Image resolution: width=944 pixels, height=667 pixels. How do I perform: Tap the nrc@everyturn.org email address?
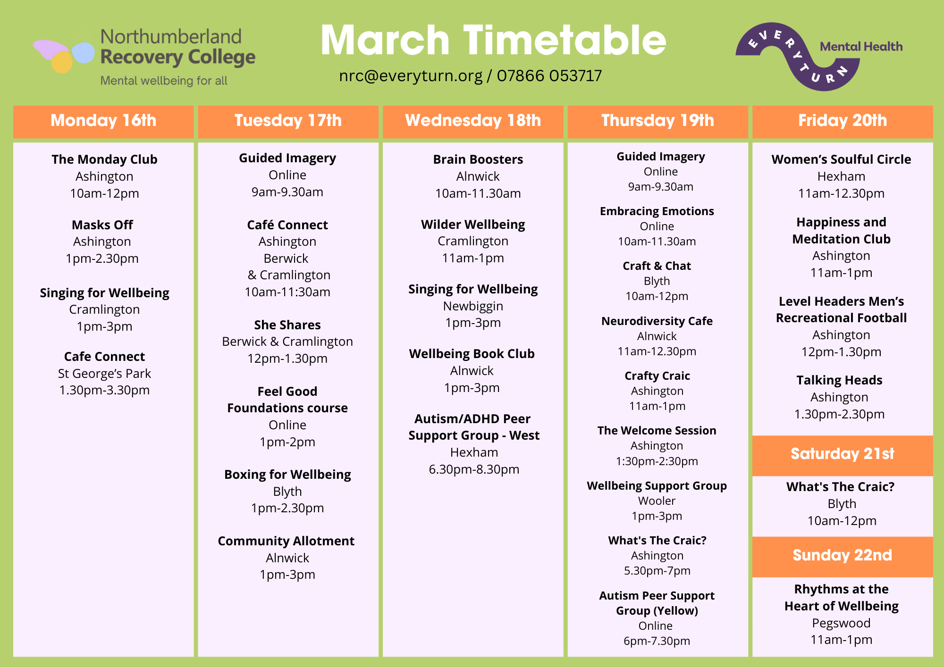tap(411, 76)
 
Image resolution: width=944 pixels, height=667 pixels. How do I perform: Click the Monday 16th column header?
tap(103, 121)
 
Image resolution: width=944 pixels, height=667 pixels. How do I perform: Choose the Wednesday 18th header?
tap(473, 121)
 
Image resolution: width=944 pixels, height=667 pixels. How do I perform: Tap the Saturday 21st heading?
tap(843, 454)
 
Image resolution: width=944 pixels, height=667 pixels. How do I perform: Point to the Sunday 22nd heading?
tap(843, 556)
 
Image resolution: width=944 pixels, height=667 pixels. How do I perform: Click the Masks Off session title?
tap(102, 225)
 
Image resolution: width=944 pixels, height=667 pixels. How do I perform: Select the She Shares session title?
tap(287, 325)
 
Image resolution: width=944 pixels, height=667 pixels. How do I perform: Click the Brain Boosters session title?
tap(478, 159)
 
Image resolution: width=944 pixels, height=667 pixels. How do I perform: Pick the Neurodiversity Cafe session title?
tap(657, 321)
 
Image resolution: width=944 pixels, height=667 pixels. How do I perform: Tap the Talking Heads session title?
tap(839, 380)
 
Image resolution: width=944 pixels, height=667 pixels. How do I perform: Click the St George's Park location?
tap(104, 374)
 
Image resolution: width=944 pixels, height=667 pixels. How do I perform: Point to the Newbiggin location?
tap(473, 307)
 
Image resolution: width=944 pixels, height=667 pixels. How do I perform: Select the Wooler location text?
tap(657, 501)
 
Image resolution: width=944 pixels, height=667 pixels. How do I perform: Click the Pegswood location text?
tap(841, 624)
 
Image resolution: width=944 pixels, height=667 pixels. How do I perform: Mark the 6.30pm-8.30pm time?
tap(474, 470)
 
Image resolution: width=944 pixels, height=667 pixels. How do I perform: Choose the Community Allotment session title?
tap(286, 541)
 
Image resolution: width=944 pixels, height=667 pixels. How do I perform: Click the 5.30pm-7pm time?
tap(657, 571)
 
